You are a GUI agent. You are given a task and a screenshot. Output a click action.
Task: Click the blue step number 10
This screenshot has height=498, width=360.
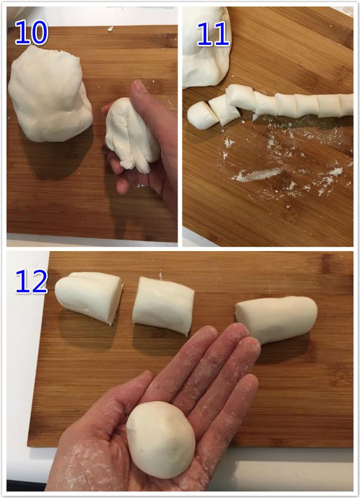point(31,32)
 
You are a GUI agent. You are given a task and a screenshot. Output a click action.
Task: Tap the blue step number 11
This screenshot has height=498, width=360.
point(213,34)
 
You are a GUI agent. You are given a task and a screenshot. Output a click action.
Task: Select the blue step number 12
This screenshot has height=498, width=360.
point(31,281)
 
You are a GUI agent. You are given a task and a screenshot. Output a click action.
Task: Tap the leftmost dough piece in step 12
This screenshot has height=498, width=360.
point(89,297)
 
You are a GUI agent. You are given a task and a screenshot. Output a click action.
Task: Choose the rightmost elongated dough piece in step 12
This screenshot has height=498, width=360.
point(276,319)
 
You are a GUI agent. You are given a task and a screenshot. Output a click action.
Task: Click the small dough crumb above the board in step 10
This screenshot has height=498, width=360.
point(110,29)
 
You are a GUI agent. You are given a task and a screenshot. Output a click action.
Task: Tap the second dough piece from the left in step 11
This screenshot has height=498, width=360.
point(223,110)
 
